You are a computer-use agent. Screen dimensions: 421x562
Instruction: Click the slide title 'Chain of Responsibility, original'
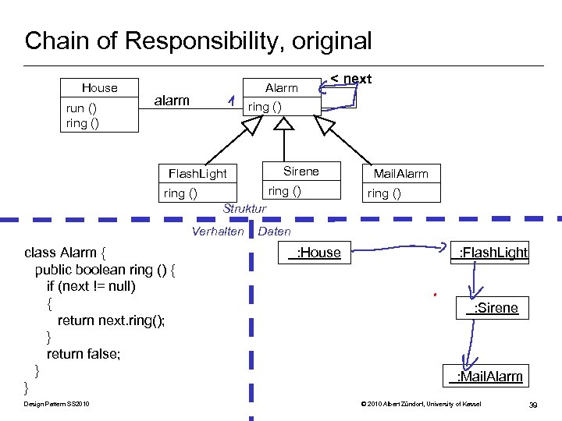click(x=198, y=41)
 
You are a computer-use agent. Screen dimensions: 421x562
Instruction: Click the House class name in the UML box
click(x=100, y=88)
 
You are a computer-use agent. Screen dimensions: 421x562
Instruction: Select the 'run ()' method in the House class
click(x=81, y=108)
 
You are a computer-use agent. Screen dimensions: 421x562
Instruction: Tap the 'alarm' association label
click(x=172, y=101)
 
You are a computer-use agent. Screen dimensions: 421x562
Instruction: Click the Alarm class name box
click(x=281, y=88)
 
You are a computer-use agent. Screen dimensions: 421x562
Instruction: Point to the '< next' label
click(x=350, y=79)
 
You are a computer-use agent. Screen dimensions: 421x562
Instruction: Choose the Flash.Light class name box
click(x=192, y=173)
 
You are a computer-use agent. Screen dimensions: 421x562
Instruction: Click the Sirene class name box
click(x=301, y=172)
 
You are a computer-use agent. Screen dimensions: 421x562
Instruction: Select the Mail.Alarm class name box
click(x=400, y=173)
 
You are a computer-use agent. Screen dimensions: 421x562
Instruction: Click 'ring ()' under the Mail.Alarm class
click(x=384, y=193)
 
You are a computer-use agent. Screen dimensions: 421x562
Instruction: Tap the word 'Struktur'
click(x=244, y=209)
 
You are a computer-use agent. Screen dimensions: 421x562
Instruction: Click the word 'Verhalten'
click(x=218, y=232)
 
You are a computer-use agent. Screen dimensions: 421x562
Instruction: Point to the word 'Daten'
click(x=274, y=232)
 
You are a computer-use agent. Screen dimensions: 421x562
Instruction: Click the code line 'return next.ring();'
click(x=111, y=320)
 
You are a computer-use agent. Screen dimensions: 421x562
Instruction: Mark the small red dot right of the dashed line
click(x=433, y=295)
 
